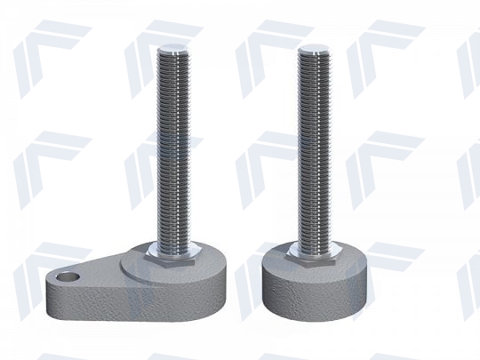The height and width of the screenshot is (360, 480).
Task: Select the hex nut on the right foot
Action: (317, 259)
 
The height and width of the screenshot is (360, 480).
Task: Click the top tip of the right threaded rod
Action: (316, 46)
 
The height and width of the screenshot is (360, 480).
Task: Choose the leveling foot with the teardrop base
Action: (142, 222)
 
